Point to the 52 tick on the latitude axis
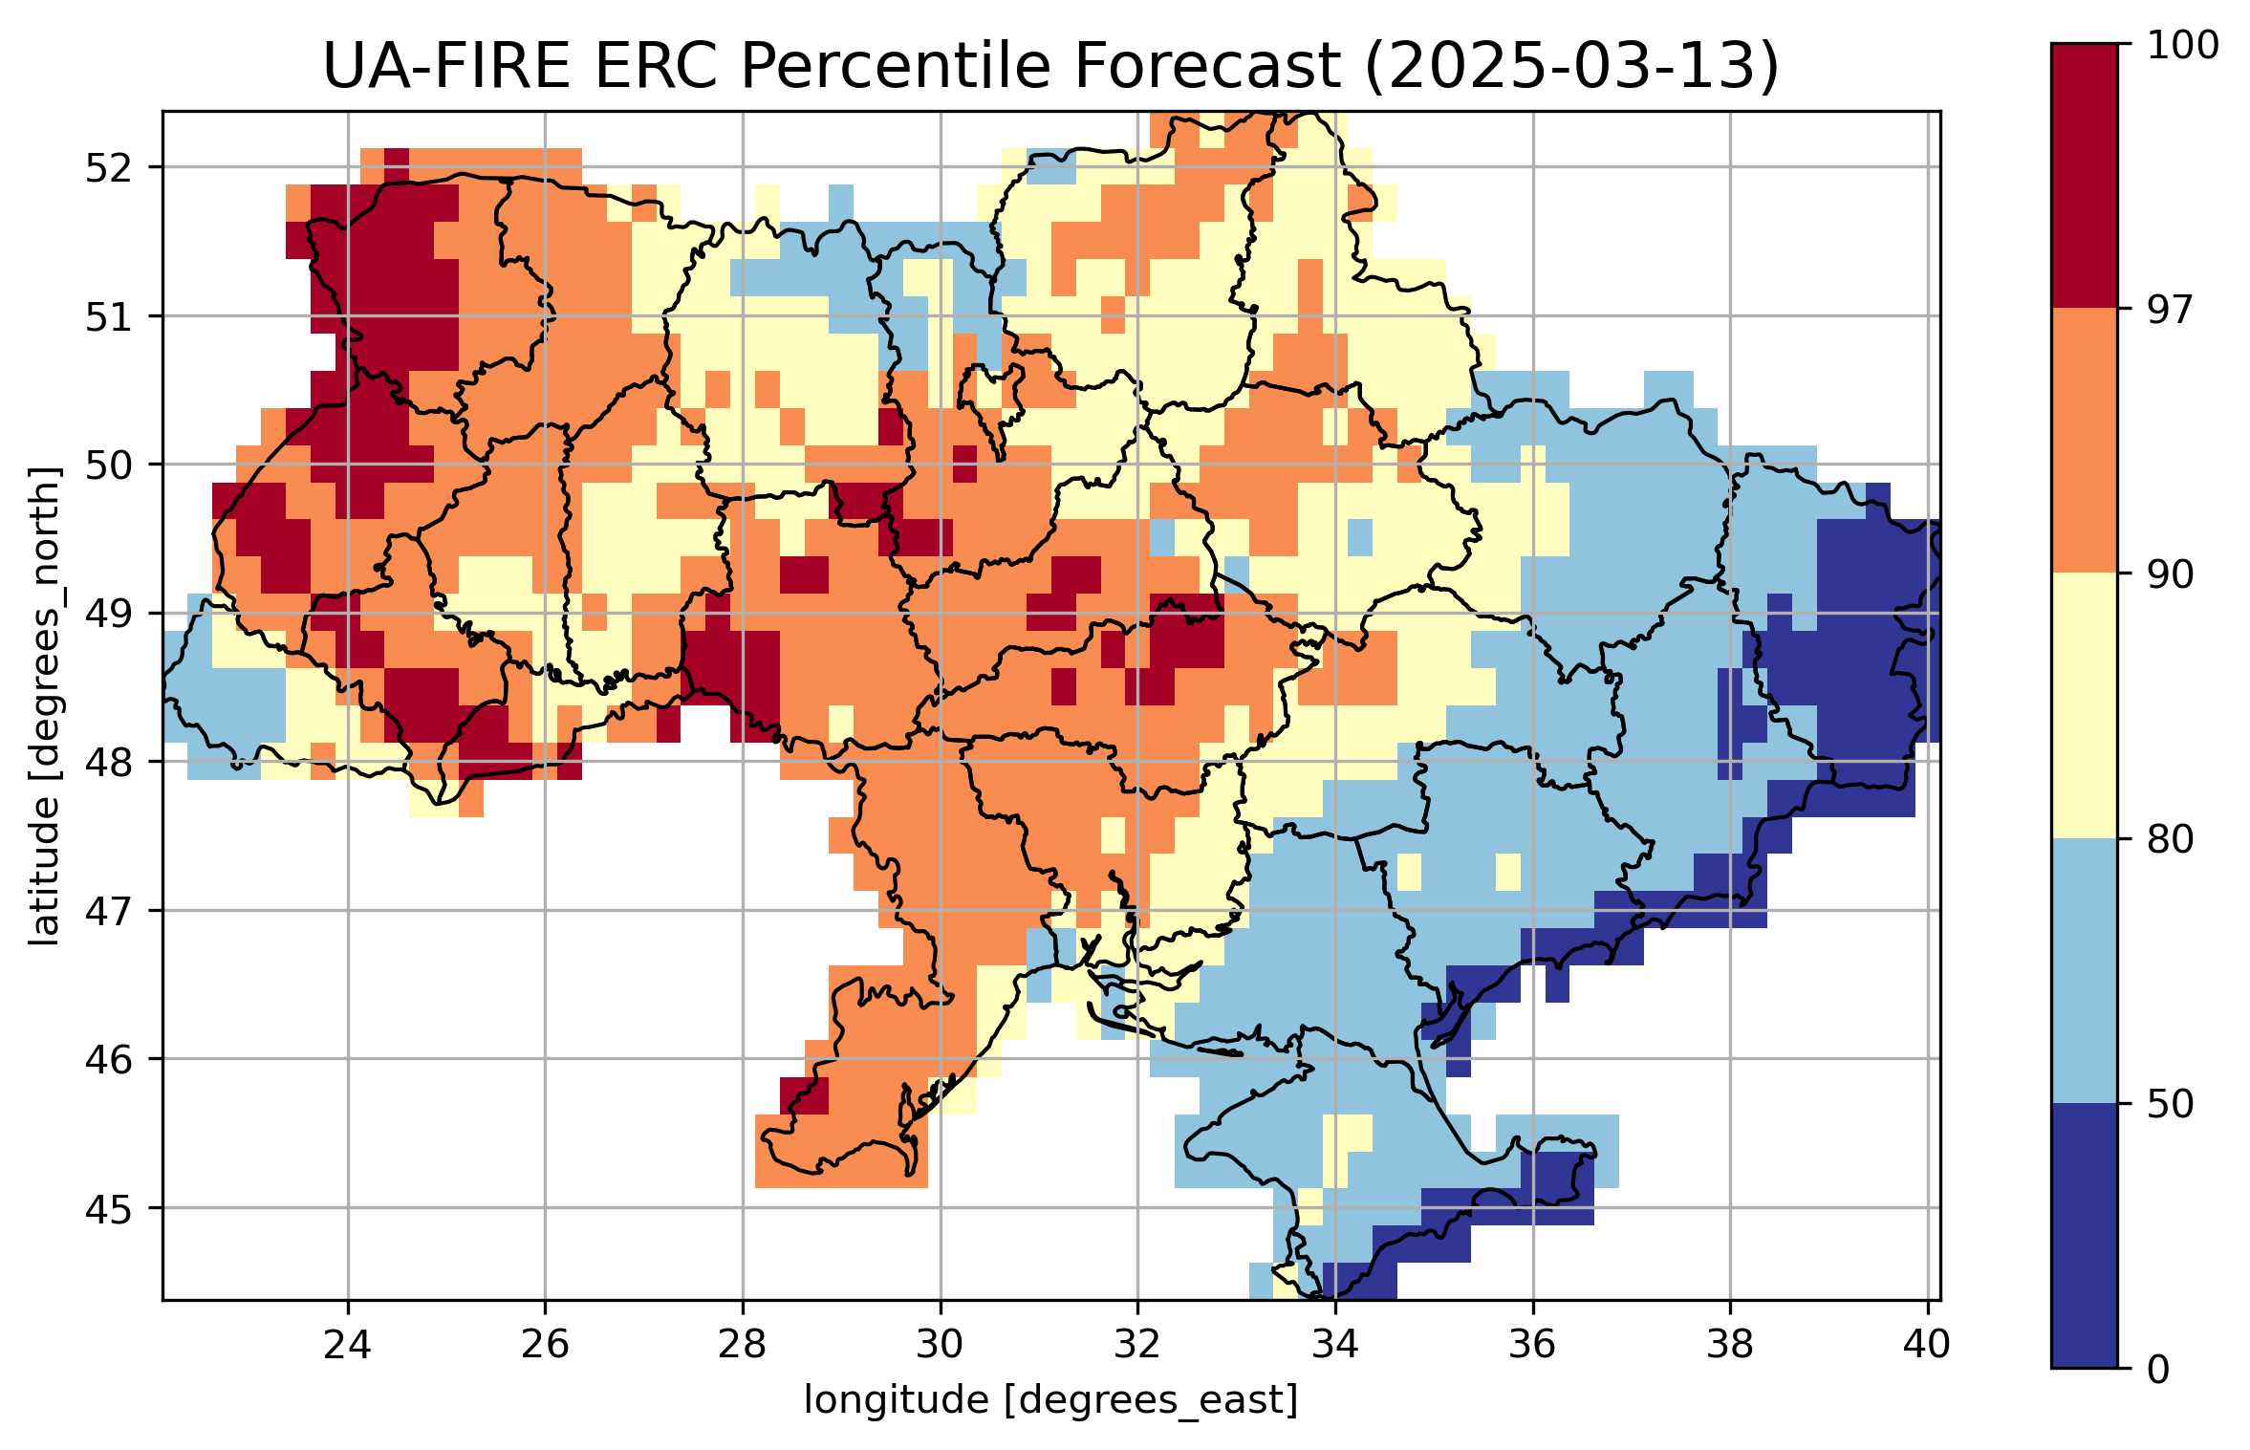click(x=109, y=168)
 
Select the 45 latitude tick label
click(x=109, y=1209)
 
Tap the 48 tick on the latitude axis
click(x=109, y=763)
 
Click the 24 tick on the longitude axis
click(x=347, y=1345)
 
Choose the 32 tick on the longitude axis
click(x=1137, y=1345)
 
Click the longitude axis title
click(x=1050, y=1400)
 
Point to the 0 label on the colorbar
click(x=2158, y=1370)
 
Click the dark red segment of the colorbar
click(x=2084, y=176)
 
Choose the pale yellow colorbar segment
click(x=2084, y=705)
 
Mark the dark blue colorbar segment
click(x=2084, y=1235)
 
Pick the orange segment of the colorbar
click(x=2084, y=441)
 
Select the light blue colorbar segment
click(x=2084, y=970)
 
